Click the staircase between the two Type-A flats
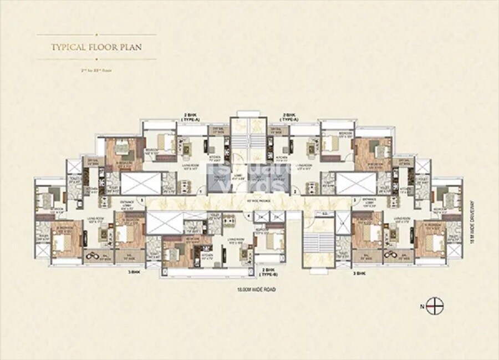tap(248, 136)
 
